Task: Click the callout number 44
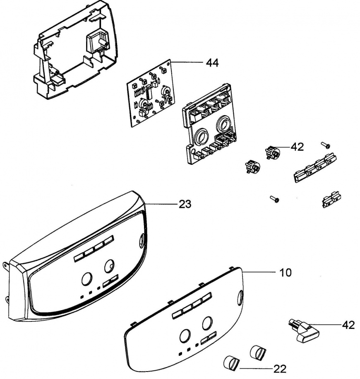tap(212, 63)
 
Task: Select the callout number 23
tap(185, 204)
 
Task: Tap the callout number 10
tap(286, 273)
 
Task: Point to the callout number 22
tap(280, 369)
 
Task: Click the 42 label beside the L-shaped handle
tap(348, 325)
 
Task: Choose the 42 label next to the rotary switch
tap(297, 147)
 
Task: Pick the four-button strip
tap(315, 167)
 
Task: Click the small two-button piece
tap(332, 199)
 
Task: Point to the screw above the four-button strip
tap(326, 145)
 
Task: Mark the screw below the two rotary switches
tap(274, 199)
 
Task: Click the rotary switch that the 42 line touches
tap(272, 152)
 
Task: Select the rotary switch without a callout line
tap(252, 166)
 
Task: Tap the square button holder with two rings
tap(209, 124)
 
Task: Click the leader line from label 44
tap(187, 63)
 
